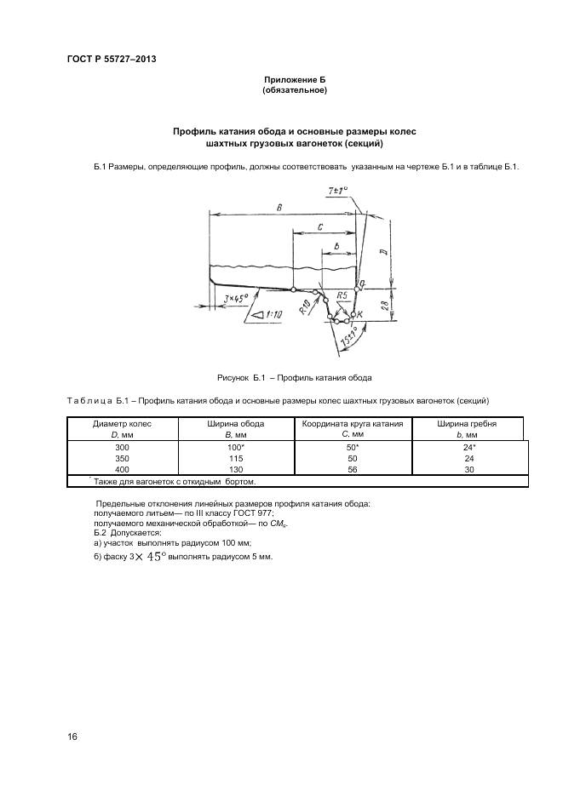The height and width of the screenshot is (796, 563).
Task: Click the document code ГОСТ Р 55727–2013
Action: tap(111, 59)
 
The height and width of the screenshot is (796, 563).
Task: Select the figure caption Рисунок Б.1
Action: tap(295, 376)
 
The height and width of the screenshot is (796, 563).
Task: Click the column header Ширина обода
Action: tap(236, 423)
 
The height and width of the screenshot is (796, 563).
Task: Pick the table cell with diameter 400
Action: tap(122, 469)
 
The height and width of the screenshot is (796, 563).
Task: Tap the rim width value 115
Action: tap(236, 457)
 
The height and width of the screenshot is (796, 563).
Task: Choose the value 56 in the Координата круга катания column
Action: tap(353, 469)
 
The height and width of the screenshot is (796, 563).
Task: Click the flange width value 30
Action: tap(467, 469)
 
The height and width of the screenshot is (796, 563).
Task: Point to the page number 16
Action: tap(72, 736)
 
